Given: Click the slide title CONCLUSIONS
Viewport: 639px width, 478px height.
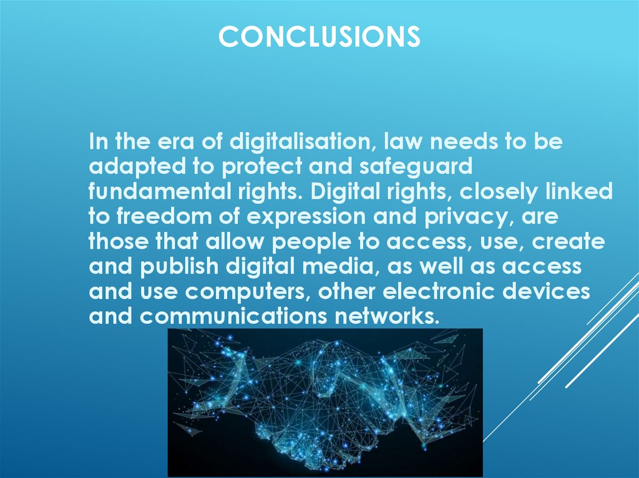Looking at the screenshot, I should [x=319, y=37].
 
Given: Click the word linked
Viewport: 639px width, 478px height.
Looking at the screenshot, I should [x=578, y=193].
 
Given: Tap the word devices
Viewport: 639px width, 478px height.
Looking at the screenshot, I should [x=550, y=292].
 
